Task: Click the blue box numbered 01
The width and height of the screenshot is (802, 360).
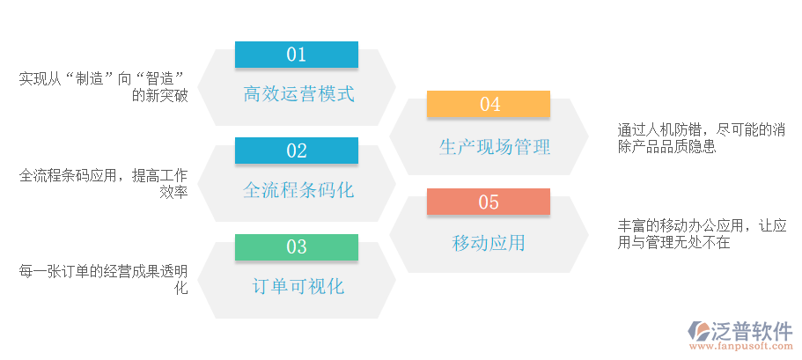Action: point(296,55)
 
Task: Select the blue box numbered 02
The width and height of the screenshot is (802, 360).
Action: point(296,151)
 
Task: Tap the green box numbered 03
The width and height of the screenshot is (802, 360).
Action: point(296,246)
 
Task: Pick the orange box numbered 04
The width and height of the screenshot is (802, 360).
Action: point(489,105)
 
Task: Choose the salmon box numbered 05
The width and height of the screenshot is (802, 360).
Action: point(489,202)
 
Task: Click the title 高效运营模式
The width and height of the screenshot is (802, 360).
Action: point(298,93)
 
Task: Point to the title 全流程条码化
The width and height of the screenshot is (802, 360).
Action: point(298,189)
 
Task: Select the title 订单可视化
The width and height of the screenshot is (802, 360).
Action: point(298,286)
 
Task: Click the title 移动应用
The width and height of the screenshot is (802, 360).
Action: point(489,243)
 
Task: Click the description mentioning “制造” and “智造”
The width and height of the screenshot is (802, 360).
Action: point(103,87)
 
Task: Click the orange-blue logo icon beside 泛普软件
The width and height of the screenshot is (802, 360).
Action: point(702,332)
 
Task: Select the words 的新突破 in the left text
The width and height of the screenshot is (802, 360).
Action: point(159,96)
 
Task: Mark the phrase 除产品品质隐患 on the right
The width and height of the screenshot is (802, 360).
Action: point(667,147)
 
